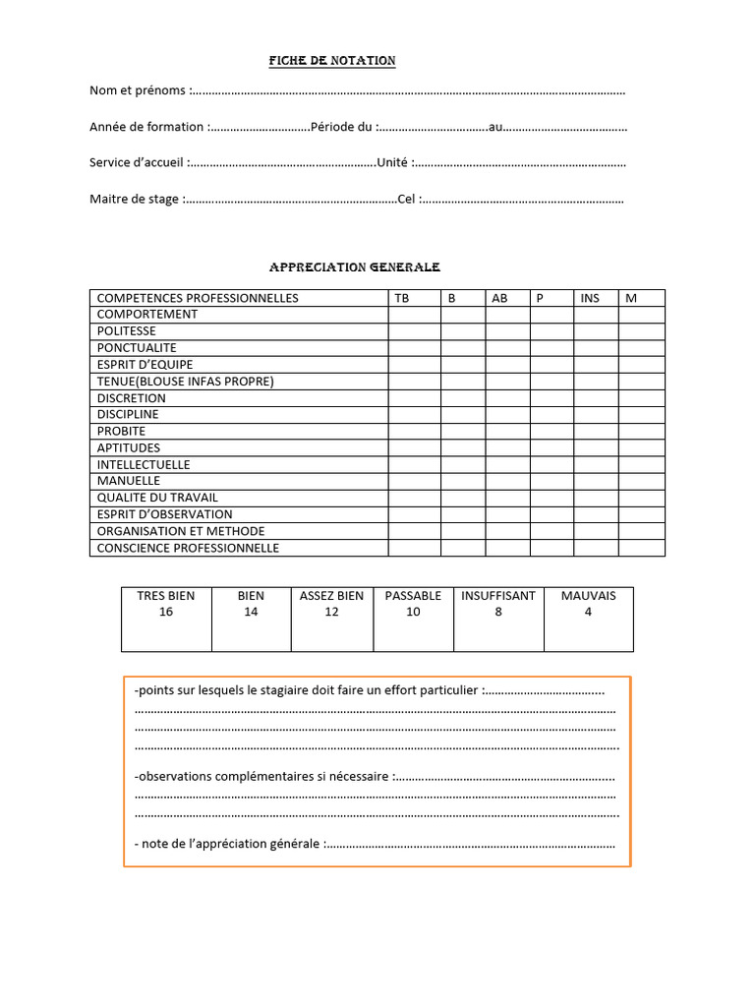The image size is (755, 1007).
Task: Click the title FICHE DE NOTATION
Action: pos(332,61)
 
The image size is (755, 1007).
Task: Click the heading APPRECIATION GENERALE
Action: pos(355,267)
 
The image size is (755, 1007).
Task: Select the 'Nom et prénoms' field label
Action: pos(139,90)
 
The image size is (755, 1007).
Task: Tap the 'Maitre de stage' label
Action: pos(135,199)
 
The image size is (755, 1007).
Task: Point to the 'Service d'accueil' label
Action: pos(137,162)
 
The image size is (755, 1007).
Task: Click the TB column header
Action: pos(402,298)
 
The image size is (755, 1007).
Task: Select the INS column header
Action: pos(590,298)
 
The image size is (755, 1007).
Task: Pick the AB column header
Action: pos(499,298)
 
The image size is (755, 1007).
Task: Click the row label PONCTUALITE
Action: pos(137,348)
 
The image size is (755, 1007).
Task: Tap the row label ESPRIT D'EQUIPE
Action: pos(145,365)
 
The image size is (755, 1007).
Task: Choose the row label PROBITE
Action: pos(121,432)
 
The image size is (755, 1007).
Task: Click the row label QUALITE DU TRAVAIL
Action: pos(157,498)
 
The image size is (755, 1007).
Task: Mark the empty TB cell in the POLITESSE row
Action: pos(414,331)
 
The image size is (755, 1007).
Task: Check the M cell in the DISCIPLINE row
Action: pos(641,415)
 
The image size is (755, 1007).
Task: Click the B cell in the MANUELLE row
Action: pos(462,481)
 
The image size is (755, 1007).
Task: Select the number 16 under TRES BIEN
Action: pos(165,612)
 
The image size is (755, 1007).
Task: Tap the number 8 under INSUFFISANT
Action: pos(498,612)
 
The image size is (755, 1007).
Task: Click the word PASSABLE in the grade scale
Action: pos(413,596)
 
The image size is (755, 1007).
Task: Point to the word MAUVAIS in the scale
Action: pos(588,596)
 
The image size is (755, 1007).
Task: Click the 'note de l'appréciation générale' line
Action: pos(231,844)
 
